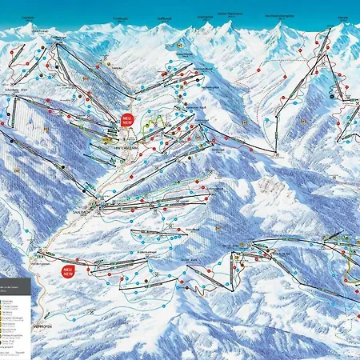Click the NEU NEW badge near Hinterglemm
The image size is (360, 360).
point(128,120)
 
